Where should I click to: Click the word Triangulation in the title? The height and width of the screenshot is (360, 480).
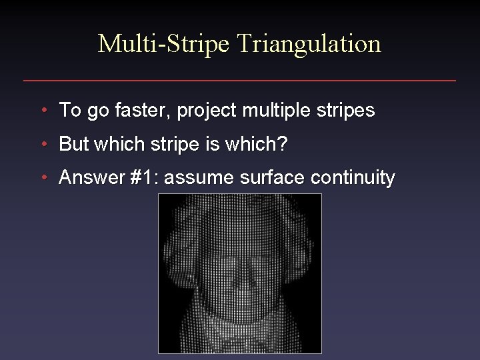[309, 44]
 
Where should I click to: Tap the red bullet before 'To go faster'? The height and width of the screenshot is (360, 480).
[43, 110]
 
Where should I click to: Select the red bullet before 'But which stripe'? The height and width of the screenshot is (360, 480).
[43, 144]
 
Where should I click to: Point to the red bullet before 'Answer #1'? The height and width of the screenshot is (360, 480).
[43, 178]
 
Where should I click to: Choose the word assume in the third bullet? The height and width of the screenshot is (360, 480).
[199, 178]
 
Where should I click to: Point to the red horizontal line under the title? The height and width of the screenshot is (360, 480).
[240, 81]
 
